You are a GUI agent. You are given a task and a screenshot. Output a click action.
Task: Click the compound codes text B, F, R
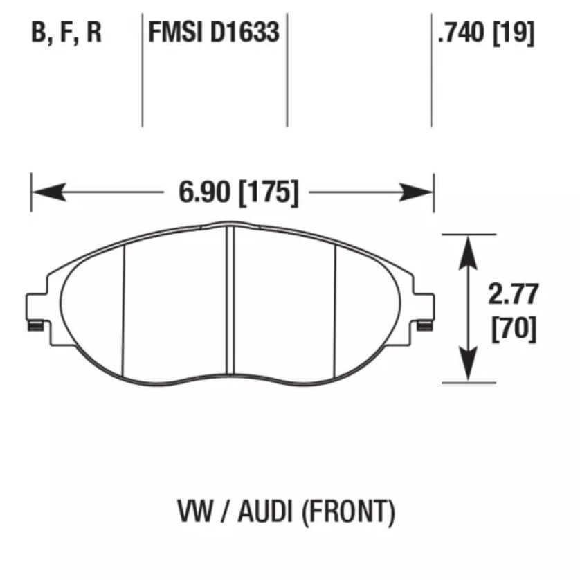point(66,33)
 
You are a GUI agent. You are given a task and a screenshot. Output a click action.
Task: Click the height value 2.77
point(512,295)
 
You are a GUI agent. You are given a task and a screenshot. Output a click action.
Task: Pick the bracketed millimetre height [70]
point(513,328)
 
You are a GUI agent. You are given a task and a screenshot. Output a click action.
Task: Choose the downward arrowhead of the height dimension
point(469,368)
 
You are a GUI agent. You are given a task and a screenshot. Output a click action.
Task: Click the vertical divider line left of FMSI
point(142,69)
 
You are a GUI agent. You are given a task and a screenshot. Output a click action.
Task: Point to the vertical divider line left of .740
point(431,69)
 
